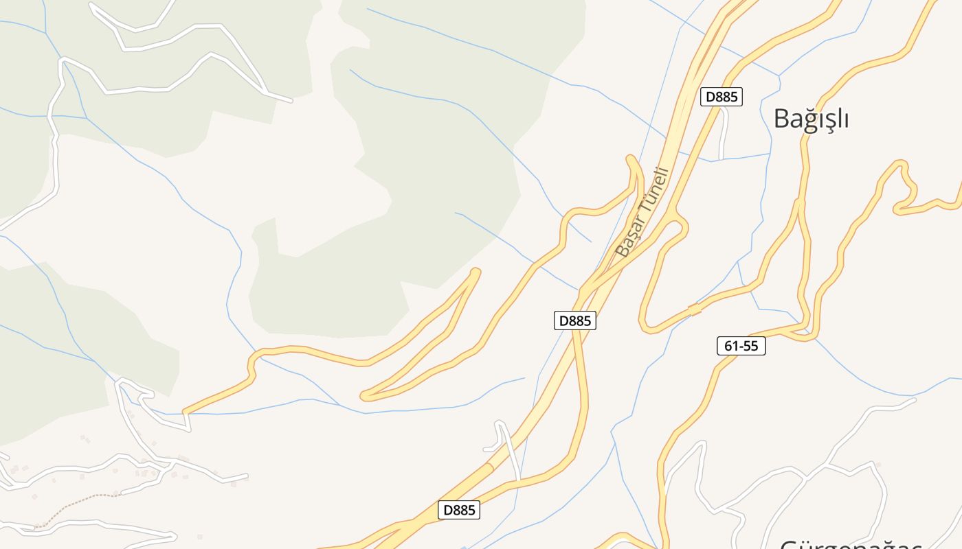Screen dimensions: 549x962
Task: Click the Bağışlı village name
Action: click(x=812, y=119)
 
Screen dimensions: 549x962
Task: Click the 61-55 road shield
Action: click(x=741, y=346)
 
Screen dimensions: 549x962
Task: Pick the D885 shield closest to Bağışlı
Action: click(x=721, y=97)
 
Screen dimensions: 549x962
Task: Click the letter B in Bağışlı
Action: click(x=781, y=119)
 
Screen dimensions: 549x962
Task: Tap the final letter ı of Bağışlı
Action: click(x=846, y=119)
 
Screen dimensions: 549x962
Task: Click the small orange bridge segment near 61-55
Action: click(x=695, y=309)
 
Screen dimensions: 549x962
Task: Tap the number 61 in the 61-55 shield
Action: click(x=730, y=346)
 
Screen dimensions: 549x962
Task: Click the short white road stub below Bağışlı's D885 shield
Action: click(x=722, y=134)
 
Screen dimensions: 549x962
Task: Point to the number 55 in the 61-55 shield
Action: click(x=751, y=346)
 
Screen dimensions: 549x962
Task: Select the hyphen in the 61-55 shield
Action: click(x=741, y=347)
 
